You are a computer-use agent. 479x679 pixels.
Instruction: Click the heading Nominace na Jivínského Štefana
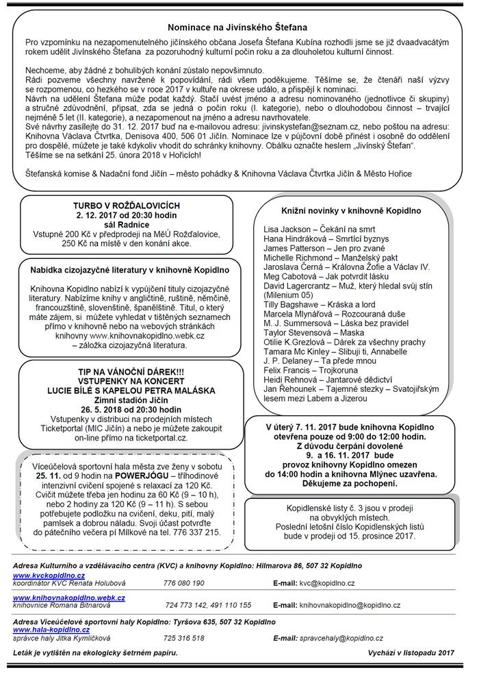pos(239,27)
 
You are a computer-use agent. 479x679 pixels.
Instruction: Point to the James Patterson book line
pos(316,247)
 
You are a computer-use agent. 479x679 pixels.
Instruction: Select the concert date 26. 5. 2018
pos(123,410)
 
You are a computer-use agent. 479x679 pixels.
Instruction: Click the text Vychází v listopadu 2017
pos(411,652)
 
